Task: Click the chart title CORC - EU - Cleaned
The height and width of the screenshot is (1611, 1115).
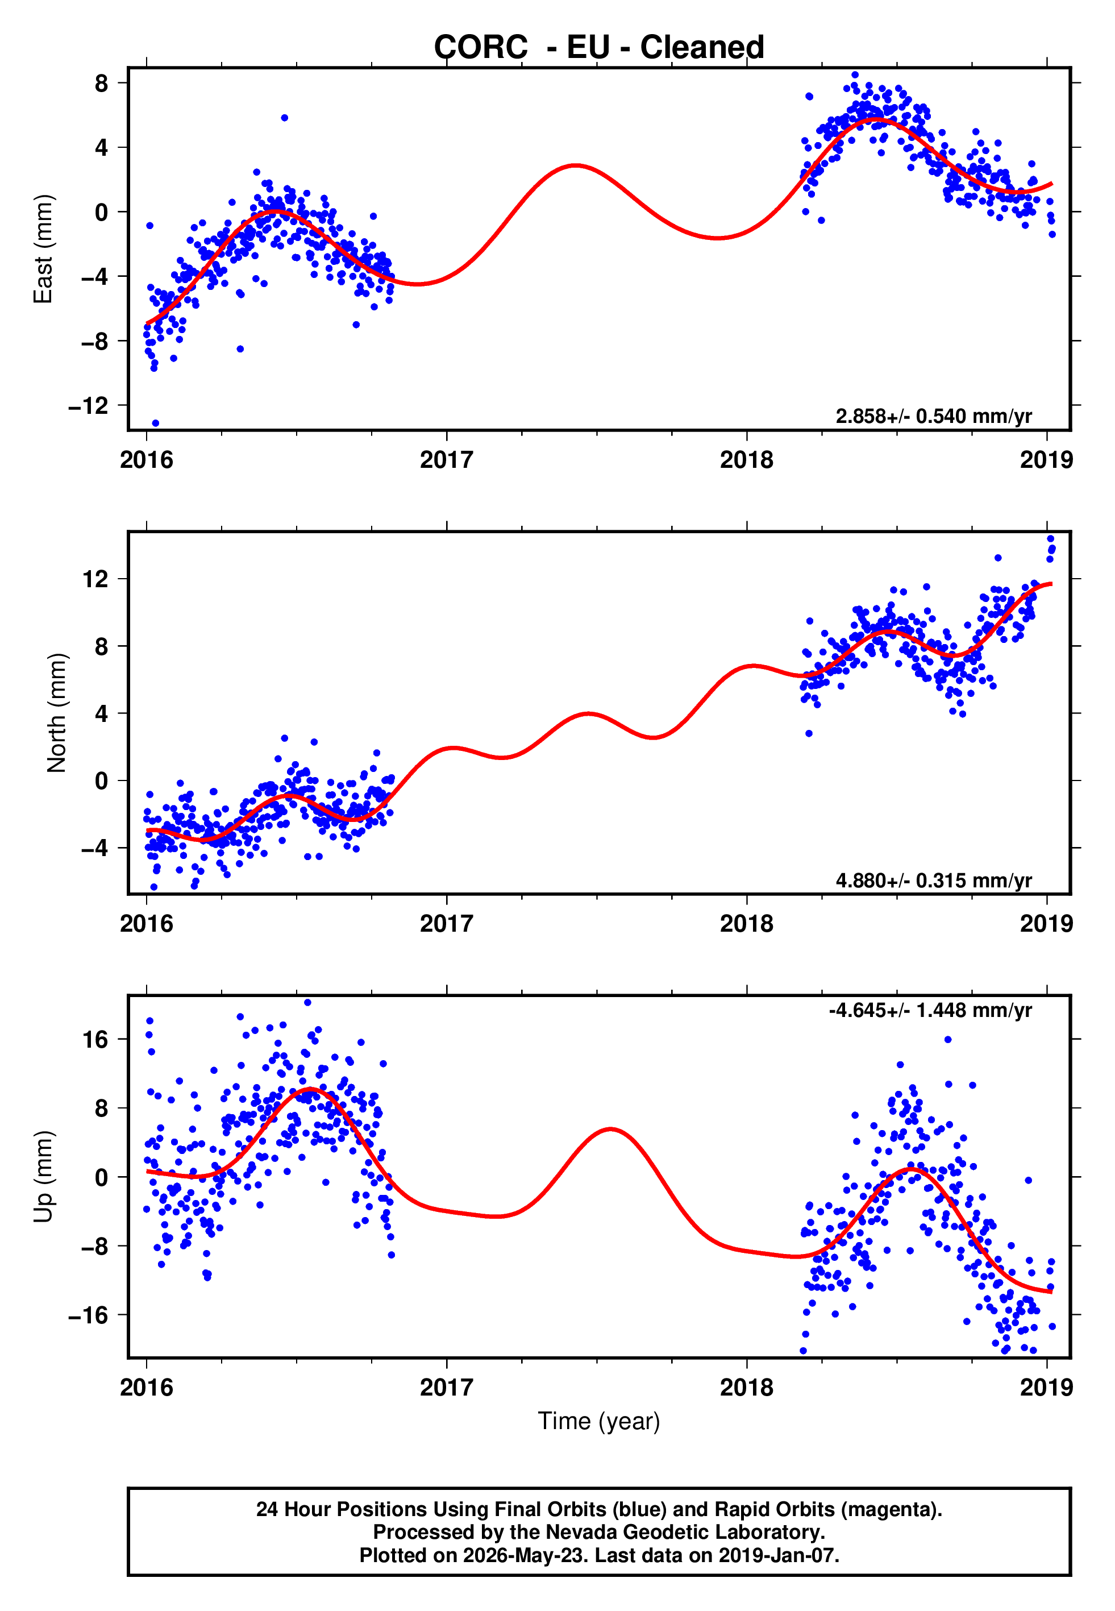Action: point(599,48)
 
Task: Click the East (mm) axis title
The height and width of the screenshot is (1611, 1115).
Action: point(43,249)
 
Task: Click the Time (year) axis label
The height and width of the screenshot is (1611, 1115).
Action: point(599,1421)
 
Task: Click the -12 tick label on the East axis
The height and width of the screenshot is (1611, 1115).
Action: point(88,405)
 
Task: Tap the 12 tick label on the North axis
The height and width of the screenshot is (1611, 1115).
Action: point(95,579)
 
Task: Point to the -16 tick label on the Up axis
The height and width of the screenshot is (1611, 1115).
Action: point(88,1315)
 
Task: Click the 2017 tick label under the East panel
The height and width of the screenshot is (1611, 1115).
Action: point(447,460)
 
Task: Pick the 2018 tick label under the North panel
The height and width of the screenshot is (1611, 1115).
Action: point(747,924)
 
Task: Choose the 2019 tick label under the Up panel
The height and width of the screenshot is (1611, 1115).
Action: point(1047,1387)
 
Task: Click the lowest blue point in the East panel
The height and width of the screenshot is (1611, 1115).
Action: point(155,423)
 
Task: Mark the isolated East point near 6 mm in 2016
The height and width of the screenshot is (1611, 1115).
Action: point(284,118)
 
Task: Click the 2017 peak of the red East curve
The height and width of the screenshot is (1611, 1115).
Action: point(575,165)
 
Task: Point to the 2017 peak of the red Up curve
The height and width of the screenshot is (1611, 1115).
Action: point(610,1129)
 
